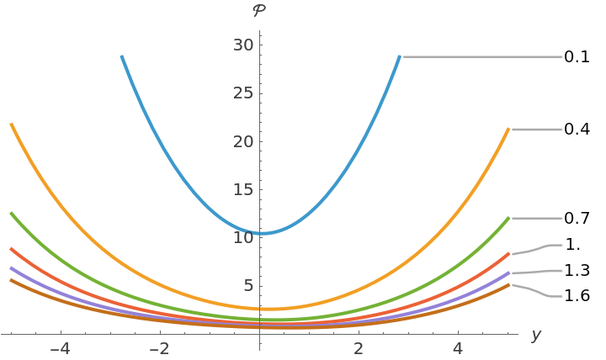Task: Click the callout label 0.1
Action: (577, 57)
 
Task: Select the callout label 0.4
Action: (577, 130)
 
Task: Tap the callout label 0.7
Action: (577, 218)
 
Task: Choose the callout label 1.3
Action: (577, 271)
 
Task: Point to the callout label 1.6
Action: (577, 296)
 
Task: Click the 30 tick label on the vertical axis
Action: (243, 45)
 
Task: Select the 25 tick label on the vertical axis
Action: (243, 93)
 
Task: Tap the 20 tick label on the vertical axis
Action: (243, 140)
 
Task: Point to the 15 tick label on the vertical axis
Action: (243, 188)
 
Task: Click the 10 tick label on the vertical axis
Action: (243, 237)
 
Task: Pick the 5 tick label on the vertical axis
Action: (247, 285)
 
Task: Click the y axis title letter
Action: (535, 336)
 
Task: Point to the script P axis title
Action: (259, 11)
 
